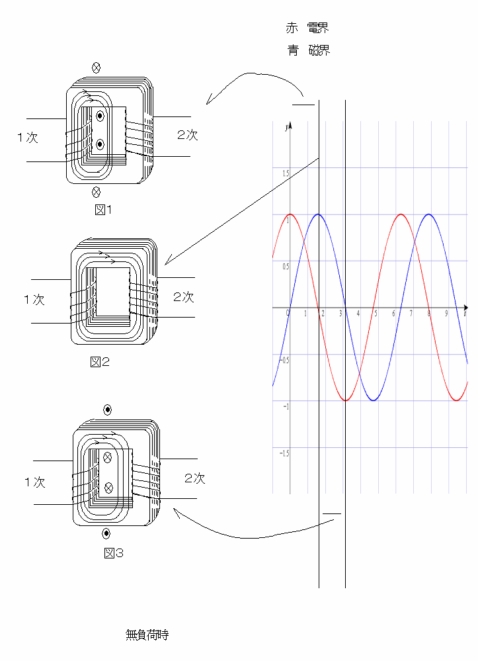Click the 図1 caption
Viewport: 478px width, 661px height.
coord(103,210)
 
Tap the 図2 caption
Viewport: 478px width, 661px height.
coord(100,362)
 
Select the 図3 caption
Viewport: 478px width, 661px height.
coord(114,553)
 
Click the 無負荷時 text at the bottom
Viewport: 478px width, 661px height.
coord(147,635)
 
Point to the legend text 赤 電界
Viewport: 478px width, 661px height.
coord(307,28)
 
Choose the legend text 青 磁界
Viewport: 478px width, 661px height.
coord(308,50)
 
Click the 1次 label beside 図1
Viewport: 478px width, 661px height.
coord(28,138)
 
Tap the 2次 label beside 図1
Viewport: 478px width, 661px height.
coord(187,135)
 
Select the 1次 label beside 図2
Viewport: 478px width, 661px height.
coord(34,300)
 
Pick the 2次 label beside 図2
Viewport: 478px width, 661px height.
coord(184,297)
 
